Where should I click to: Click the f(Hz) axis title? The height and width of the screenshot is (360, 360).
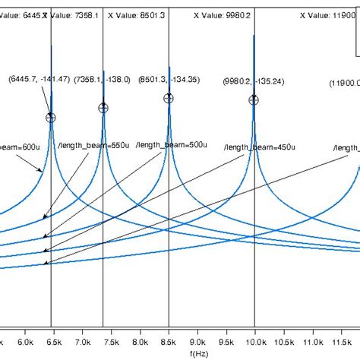pos(200,354)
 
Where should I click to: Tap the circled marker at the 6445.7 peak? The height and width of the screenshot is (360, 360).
pos(51,117)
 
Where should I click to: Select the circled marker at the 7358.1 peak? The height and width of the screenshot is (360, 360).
pos(103,108)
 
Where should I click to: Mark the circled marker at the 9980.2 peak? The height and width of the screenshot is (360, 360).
pos(254,99)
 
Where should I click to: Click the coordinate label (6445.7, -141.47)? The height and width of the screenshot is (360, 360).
pos(39,78)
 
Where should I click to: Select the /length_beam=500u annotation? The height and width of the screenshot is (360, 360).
pos(175,144)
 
